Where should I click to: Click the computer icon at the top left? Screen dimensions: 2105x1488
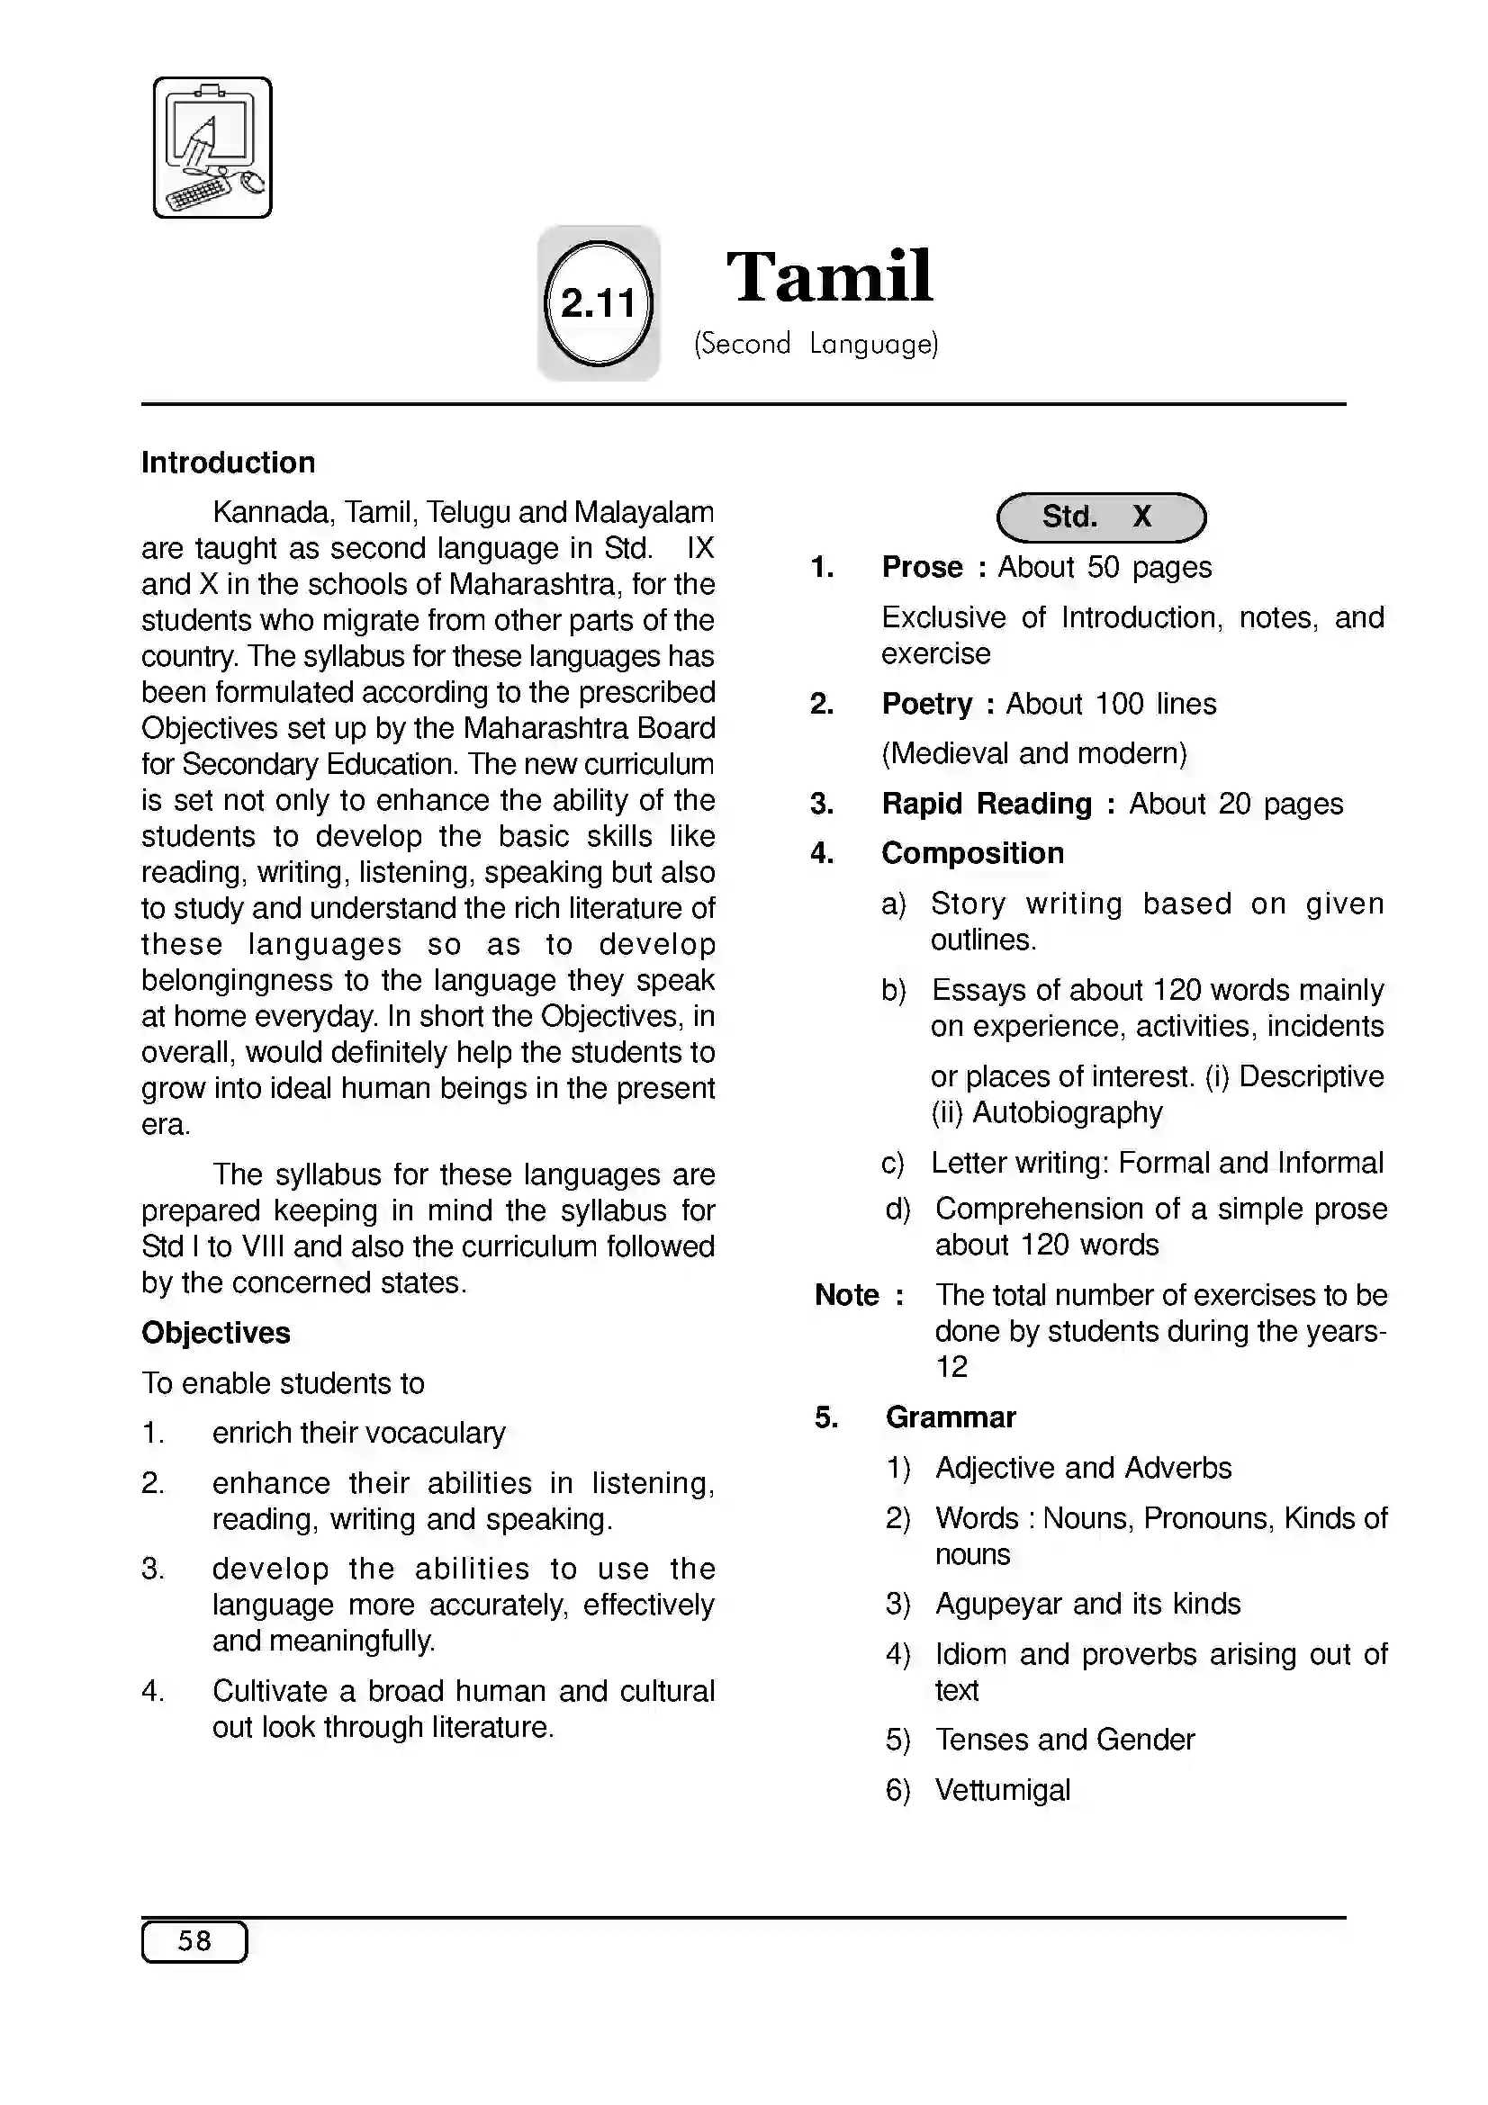pos(212,148)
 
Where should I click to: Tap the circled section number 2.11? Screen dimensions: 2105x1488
pos(598,303)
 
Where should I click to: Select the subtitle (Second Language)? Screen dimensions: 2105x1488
pos(816,344)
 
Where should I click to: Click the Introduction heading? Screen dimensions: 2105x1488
pos(229,462)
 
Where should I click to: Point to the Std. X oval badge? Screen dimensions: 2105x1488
pos(1100,517)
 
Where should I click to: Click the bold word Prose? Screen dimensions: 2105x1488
pos(922,568)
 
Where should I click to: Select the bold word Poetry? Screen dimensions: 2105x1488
pos(926,704)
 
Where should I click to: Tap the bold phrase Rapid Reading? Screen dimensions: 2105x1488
pos(987,804)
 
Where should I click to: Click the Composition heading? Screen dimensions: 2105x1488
pos(972,853)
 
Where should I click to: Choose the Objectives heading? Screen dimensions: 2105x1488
pos(215,1332)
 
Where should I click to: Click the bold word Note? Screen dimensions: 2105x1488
pos(846,1295)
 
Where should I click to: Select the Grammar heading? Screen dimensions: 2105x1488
pos(951,1417)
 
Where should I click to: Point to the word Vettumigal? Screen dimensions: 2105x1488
pos(1002,1790)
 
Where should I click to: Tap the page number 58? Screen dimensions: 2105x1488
pos(194,1941)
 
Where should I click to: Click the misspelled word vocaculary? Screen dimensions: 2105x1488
pos(433,1433)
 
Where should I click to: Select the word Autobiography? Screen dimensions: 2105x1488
pos(1068,1112)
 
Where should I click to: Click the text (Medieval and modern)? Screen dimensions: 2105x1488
pos(1033,753)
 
